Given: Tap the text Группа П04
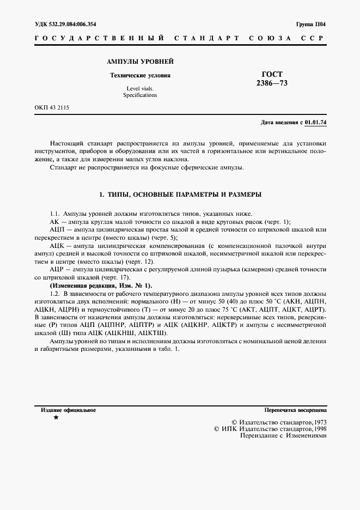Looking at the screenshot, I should point(311,24).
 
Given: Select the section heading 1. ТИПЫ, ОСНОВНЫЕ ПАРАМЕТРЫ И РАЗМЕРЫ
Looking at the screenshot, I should point(180,195).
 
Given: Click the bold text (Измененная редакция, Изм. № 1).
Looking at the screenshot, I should point(101,286).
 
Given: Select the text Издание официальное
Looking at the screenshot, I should point(69,410).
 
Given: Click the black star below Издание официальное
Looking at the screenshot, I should point(56,418).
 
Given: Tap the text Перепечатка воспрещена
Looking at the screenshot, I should point(295,410).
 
